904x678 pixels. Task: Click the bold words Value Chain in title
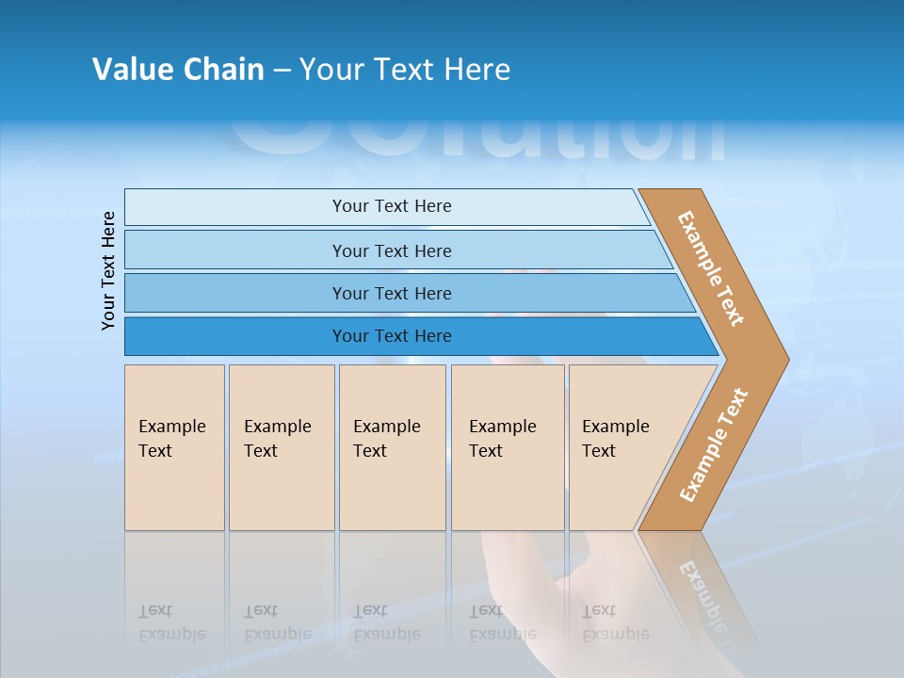178,70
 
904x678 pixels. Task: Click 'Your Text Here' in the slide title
405,70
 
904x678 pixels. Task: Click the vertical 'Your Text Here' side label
108,270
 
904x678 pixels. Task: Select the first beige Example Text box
174,447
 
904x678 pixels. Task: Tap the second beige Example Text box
281,447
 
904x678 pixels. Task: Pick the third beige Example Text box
391,447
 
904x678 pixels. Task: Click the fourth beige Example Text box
507,447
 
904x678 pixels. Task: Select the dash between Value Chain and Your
282,71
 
